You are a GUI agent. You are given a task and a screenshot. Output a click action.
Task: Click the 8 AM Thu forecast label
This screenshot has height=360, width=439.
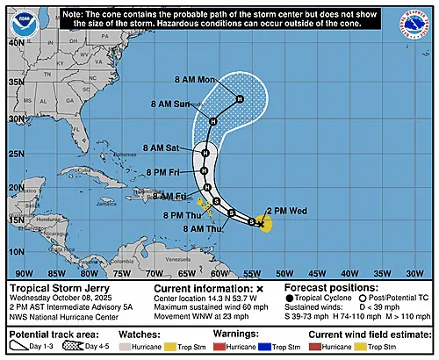(201, 227)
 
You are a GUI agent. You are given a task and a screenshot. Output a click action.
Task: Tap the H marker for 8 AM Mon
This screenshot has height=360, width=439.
(239, 99)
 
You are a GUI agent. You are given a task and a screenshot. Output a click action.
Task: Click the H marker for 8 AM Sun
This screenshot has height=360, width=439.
(212, 121)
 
